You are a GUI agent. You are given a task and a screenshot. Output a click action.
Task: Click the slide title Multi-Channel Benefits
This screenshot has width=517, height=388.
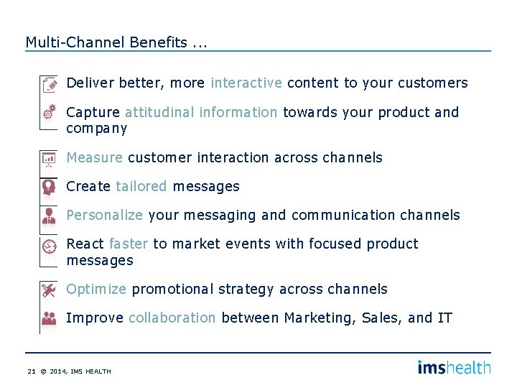click(116, 42)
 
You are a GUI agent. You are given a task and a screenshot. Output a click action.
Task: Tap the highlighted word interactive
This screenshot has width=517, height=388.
click(246, 83)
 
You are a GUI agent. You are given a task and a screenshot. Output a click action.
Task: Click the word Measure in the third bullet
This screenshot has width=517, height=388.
click(94, 157)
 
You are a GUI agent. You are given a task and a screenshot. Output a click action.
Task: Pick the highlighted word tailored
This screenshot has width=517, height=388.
click(141, 187)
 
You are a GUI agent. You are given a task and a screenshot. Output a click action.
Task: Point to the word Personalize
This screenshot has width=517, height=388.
click(104, 216)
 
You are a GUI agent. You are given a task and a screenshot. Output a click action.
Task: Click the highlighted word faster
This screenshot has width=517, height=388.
click(128, 244)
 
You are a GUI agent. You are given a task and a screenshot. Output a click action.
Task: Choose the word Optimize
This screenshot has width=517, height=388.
click(96, 290)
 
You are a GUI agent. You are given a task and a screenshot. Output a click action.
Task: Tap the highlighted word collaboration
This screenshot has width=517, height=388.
click(172, 318)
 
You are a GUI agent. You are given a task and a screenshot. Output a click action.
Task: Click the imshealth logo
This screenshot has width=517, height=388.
click(454, 367)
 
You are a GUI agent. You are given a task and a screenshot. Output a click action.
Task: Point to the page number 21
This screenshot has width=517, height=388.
click(31, 371)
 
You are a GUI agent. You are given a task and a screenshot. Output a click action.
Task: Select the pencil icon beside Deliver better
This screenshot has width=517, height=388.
click(49, 85)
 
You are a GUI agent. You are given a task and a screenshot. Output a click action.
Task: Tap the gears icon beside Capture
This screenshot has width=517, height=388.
click(49, 113)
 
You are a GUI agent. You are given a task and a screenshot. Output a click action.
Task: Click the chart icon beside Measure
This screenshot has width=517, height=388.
click(49, 159)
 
